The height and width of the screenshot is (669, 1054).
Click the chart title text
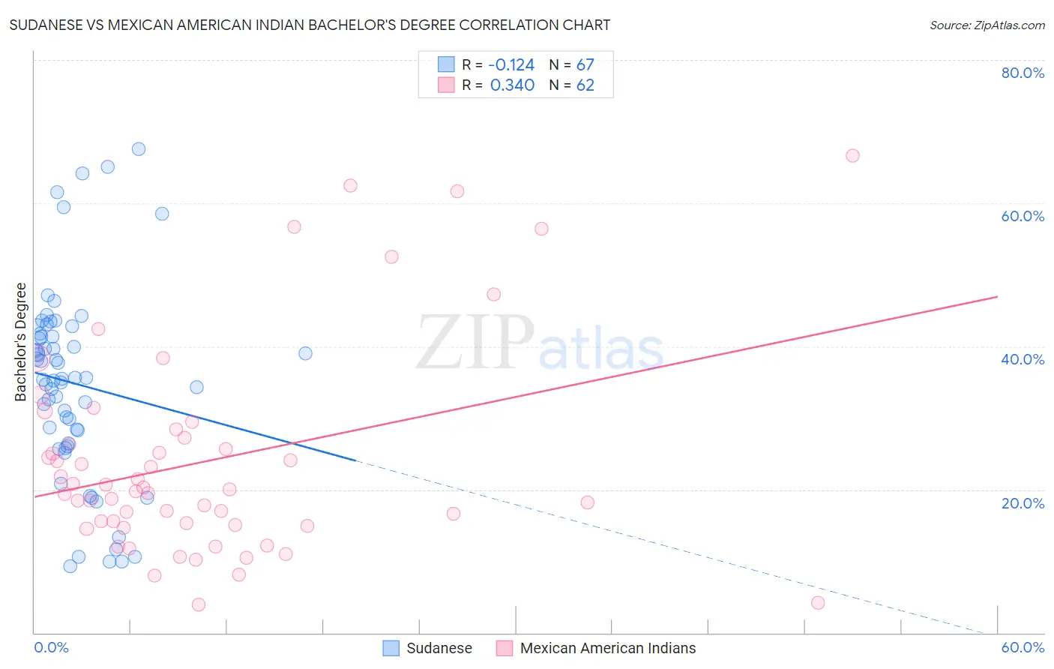[310, 25]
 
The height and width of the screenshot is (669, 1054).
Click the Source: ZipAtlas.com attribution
[987, 25]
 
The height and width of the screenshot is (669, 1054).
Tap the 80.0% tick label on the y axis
[1023, 73]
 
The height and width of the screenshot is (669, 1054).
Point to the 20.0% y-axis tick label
[1023, 503]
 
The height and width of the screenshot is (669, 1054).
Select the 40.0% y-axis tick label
[1023, 359]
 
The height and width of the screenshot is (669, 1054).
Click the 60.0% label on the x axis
[1023, 647]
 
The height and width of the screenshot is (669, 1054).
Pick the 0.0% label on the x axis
[51, 647]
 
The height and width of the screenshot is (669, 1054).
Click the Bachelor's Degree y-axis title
[21, 342]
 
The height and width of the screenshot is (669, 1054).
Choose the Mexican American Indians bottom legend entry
[597, 648]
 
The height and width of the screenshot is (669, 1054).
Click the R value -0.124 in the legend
[512, 65]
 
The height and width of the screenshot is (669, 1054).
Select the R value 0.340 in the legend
[512, 85]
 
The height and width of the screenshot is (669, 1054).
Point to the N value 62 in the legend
[585, 85]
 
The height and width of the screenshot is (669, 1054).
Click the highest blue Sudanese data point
[139, 149]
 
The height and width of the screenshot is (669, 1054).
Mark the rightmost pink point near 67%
[852, 156]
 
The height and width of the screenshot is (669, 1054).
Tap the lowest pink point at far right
[818, 603]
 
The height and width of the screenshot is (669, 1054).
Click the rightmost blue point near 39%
[305, 353]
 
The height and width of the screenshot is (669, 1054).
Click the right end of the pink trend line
[997, 297]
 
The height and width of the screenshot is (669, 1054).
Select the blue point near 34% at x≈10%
[196, 387]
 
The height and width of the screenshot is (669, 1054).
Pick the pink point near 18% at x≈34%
[587, 502]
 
